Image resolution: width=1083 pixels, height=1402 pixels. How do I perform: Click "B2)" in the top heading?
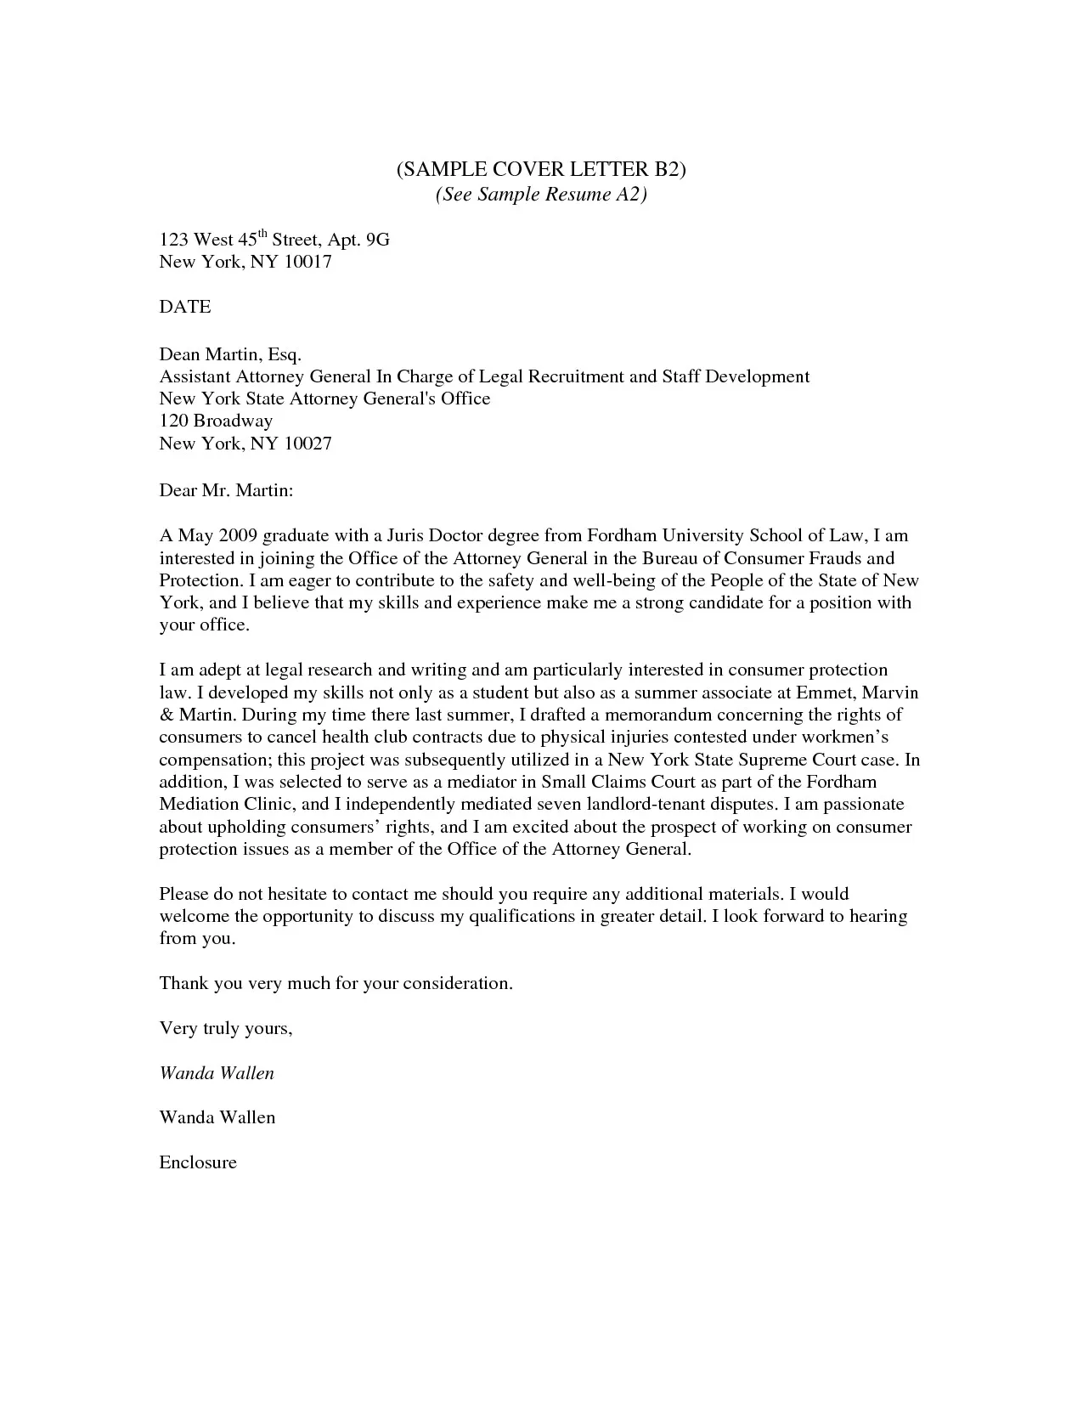[667, 170]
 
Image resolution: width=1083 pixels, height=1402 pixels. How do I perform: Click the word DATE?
[185, 307]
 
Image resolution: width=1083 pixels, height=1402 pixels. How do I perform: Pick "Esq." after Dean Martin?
[285, 354]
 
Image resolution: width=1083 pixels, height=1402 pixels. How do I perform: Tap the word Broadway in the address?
[233, 421]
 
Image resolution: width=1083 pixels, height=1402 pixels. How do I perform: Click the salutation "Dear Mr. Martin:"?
[226, 490]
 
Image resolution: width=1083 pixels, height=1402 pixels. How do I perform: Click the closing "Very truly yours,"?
[226, 1029]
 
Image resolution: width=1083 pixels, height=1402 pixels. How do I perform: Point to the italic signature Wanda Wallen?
[217, 1073]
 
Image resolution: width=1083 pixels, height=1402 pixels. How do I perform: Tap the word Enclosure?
[198, 1162]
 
